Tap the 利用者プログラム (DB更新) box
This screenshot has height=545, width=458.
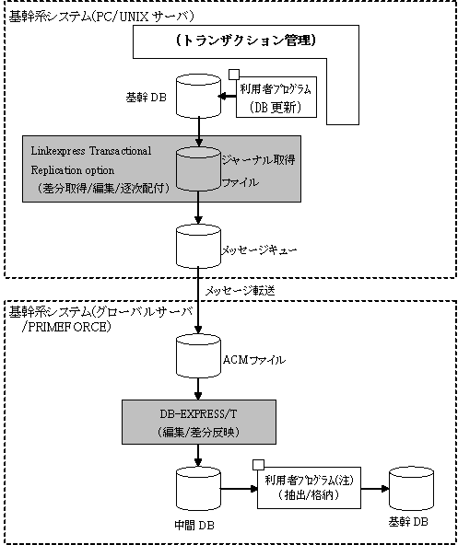coord(276,97)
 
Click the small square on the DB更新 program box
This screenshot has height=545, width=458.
coord(233,74)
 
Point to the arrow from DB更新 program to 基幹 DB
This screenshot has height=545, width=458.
coord(227,97)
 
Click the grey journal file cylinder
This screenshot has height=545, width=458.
coord(198,168)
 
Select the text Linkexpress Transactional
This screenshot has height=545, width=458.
coord(91,151)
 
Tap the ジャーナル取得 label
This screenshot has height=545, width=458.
coord(259,159)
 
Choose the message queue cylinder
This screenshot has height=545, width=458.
coord(198,246)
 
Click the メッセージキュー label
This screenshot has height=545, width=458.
coord(260,250)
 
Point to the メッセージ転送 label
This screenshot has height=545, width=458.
coord(241,291)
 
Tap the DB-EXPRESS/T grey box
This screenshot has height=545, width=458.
coord(199,422)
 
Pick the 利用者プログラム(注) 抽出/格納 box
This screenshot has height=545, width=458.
coord(309,488)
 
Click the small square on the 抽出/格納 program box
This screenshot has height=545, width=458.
coord(259,464)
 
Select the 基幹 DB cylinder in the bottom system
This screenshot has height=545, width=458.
coord(411,489)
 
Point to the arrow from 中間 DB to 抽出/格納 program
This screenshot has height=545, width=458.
coord(239,488)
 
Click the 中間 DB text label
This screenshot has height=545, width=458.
coord(194,525)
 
